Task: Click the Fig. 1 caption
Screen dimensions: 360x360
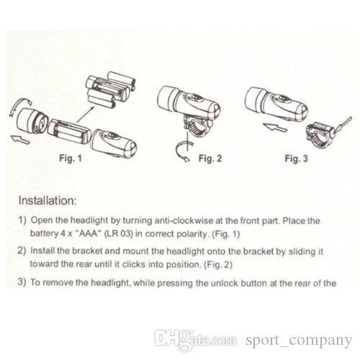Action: pos(71,158)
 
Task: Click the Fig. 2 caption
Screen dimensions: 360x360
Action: pos(210,158)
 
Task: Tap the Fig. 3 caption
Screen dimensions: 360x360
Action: pos(296,158)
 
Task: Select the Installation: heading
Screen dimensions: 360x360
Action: pos(48,201)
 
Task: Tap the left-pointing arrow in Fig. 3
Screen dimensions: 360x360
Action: pos(275,127)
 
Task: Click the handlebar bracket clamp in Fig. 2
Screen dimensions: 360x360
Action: pos(197,127)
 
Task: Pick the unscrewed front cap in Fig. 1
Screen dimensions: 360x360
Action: pos(30,122)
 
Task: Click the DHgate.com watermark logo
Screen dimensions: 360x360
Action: pos(195,339)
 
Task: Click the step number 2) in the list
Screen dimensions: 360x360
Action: pos(22,251)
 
